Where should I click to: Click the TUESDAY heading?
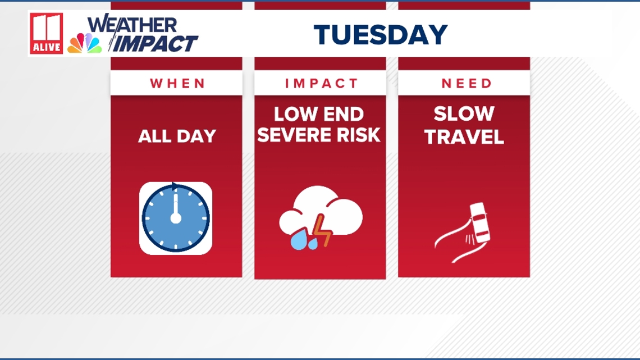click(381, 35)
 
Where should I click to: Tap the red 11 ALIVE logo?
click(47, 34)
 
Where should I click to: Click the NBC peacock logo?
click(84, 43)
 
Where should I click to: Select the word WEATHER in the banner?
click(132, 24)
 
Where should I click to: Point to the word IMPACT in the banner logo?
click(154, 44)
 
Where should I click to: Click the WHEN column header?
click(177, 84)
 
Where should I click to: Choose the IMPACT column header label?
click(321, 84)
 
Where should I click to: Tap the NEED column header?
click(467, 84)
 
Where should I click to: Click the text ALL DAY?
click(177, 136)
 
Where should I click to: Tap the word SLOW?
click(464, 114)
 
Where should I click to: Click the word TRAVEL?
click(464, 137)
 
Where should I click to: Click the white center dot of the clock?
click(176, 218)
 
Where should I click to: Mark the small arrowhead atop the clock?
click(175, 186)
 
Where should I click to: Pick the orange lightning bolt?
click(322, 231)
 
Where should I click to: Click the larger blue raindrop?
click(298, 241)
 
